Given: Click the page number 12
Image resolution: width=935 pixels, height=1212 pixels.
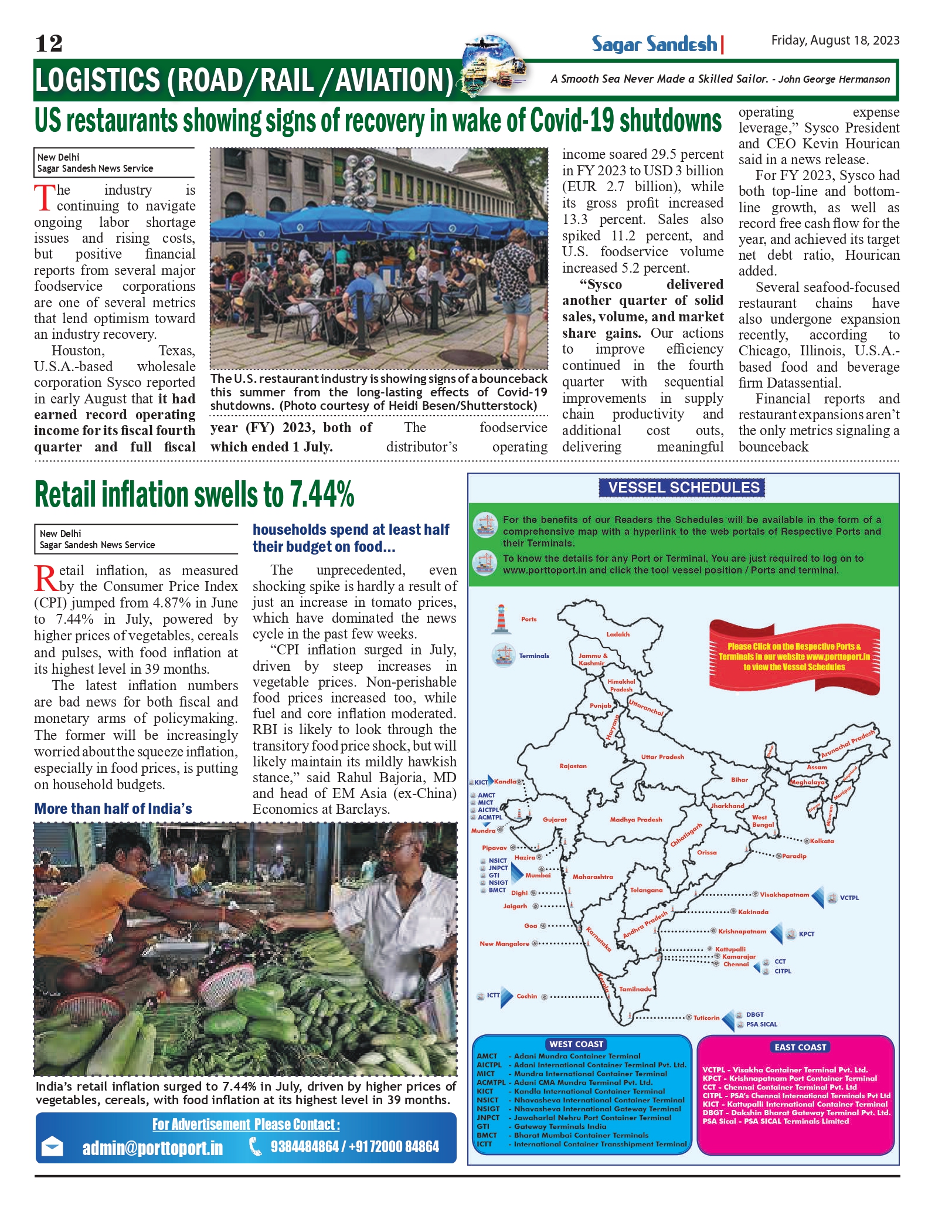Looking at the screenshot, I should [49, 43].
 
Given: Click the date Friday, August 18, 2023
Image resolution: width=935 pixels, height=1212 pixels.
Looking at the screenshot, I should [835, 40].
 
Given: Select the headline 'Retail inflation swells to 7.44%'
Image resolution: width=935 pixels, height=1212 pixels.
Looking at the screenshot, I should [195, 494].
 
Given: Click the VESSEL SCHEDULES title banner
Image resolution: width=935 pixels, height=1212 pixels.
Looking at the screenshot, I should [683, 487].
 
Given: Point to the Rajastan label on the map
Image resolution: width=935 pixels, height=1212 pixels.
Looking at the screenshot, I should [573, 766].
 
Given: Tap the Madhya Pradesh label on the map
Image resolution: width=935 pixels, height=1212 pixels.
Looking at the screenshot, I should [635, 820].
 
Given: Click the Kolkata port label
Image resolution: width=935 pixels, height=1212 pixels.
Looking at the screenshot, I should [822, 841].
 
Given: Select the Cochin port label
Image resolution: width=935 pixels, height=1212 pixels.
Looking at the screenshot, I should [526, 996].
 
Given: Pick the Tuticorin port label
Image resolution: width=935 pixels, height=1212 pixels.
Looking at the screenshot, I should [706, 1018].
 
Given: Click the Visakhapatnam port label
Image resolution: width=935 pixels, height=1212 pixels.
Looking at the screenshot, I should [784, 895].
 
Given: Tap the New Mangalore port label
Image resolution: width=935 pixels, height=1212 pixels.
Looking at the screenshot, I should [504, 943].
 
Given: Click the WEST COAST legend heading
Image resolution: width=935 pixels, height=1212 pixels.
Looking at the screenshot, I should [576, 1044].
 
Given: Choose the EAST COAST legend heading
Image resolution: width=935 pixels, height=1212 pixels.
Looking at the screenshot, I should [800, 1047].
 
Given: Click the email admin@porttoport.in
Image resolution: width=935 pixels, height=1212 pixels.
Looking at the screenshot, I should [152, 1148].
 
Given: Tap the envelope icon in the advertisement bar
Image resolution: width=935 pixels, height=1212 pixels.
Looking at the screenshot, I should [53, 1146].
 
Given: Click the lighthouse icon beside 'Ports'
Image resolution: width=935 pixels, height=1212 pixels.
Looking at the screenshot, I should [500, 619].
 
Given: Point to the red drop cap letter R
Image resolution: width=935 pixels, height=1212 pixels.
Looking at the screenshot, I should [45, 578].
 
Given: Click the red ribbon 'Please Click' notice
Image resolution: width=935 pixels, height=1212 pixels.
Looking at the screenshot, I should [794, 657].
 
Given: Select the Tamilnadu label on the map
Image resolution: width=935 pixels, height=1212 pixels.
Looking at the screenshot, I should [635, 989].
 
